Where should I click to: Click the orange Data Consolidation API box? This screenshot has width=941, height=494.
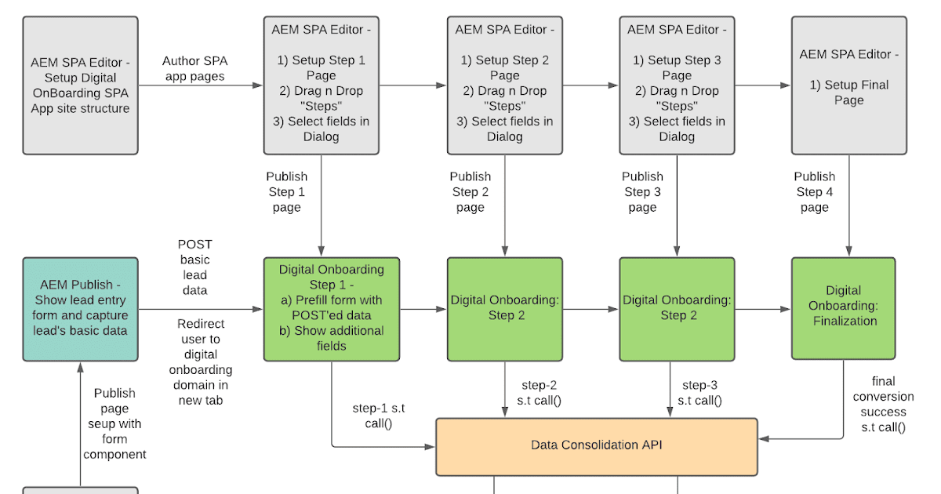(x=596, y=446)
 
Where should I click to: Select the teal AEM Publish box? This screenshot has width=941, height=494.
(x=80, y=308)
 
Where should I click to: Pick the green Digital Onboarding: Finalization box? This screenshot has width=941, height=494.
(x=843, y=308)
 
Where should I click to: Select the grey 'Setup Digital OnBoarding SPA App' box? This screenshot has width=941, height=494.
(x=80, y=85)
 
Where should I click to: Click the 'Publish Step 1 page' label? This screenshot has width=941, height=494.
(x=286, y=192)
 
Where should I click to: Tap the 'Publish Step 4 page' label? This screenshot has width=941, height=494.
(x=814, y=192)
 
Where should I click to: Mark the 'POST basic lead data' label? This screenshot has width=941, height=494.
(x=194, y=267)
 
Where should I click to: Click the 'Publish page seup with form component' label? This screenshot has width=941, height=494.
(x=114, y=423)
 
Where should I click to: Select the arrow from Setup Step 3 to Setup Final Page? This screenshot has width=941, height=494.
(x=763, y=85)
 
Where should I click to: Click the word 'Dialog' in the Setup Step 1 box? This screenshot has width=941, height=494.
(x=322, y=136)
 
